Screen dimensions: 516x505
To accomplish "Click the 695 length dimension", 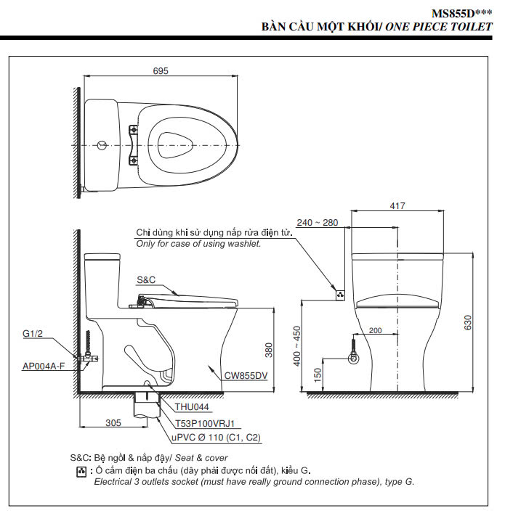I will point(161,70).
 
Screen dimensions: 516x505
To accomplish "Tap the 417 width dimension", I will point(397,206).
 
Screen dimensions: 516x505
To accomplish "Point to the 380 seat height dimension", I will point(267,351).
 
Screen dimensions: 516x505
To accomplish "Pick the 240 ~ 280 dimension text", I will point(317,223).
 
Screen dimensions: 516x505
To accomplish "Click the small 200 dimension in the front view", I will point(375,331).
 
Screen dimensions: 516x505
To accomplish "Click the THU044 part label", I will point(191,408).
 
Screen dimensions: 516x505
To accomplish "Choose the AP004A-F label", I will point(43,366).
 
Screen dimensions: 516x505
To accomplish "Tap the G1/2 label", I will point(33,334).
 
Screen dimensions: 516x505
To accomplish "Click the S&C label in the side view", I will point(147,280).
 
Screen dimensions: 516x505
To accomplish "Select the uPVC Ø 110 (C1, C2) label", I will point(216,438).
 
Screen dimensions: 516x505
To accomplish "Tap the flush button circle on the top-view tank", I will point(100,144).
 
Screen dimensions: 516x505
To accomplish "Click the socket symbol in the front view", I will point(339,295).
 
